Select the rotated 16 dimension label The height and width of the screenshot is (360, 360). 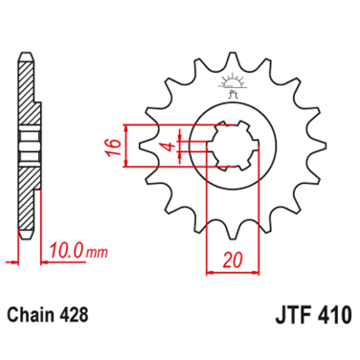coord(111,146)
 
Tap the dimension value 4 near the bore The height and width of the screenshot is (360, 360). coord(166,146)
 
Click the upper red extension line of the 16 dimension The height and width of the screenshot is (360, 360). coord(163,124)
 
